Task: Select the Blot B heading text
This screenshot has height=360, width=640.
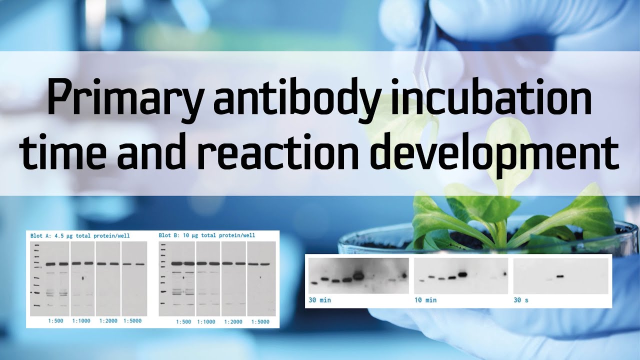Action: click(x=207, y=235)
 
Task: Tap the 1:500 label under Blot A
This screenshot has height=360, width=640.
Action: click(x=56, y=321)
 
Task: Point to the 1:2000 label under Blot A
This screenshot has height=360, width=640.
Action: click(x=107, y=321)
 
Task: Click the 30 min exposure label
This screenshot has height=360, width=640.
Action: click(x=319, y=300)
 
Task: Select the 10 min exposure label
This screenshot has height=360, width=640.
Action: click(x=425, y=300)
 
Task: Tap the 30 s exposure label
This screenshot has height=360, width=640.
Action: click(x=521, y=300)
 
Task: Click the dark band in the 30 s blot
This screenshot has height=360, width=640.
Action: click(x=559, y=276)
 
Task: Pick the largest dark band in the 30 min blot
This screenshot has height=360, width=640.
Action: click(x=359, y=275)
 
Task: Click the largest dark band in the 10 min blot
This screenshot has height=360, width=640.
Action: click(x=462, y=274)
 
